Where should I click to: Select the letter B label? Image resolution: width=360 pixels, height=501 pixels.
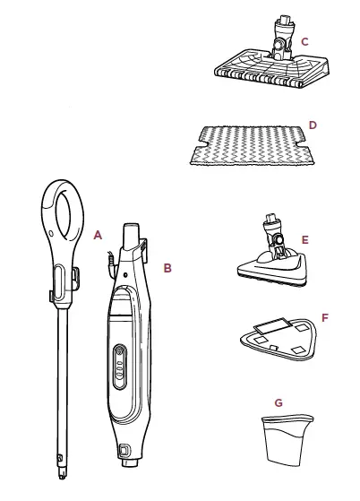click(167, 267)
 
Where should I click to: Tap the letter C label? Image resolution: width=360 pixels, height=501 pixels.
click(304, 41)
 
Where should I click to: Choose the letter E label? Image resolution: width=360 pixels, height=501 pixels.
click(305, 239)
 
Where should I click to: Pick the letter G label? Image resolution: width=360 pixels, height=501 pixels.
click(279, 402)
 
